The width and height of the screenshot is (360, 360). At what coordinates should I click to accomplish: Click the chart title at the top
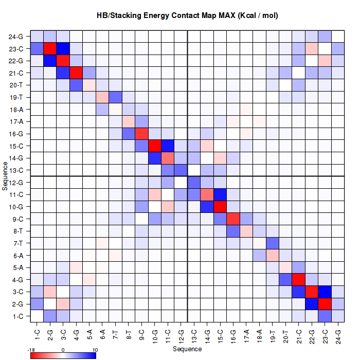click(187, 15)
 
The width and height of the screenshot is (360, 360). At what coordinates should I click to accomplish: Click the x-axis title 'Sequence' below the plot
click(187, 349)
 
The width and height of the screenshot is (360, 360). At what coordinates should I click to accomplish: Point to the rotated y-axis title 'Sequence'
click(5, 176)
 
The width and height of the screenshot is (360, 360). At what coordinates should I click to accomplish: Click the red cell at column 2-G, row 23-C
click(50, 49)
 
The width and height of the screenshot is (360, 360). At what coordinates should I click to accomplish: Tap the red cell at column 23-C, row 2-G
click(325, 304)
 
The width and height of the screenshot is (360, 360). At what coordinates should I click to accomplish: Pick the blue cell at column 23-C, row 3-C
click(325, 292)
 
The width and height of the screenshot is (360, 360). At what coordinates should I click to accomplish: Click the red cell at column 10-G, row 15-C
click(155, 146)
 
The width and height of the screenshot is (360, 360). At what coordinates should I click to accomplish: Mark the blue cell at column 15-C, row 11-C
click(220, 194)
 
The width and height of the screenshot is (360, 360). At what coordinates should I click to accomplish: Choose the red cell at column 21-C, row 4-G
click(299, 280)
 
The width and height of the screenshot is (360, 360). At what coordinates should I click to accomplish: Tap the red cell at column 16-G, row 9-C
click(233, 219)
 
